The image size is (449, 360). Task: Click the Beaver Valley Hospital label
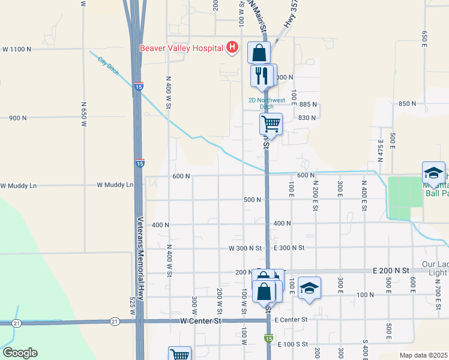click(181, 48)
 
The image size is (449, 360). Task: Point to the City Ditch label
click(109, 67)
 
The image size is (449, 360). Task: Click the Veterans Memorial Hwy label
click(139, 258)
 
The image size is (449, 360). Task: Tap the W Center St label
click(200, 321)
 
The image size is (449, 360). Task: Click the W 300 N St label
click(246, 248)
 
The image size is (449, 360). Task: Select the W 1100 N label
click(16, 49)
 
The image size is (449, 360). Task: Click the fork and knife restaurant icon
click(260, 75)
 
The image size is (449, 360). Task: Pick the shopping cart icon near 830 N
click(271, 124)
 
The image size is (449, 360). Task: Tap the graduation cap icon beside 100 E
click(309, 287)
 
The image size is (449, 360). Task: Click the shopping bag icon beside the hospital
click(259, 52)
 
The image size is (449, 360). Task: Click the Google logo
click(20, 353)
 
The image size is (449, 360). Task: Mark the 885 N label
click(308, 104)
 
